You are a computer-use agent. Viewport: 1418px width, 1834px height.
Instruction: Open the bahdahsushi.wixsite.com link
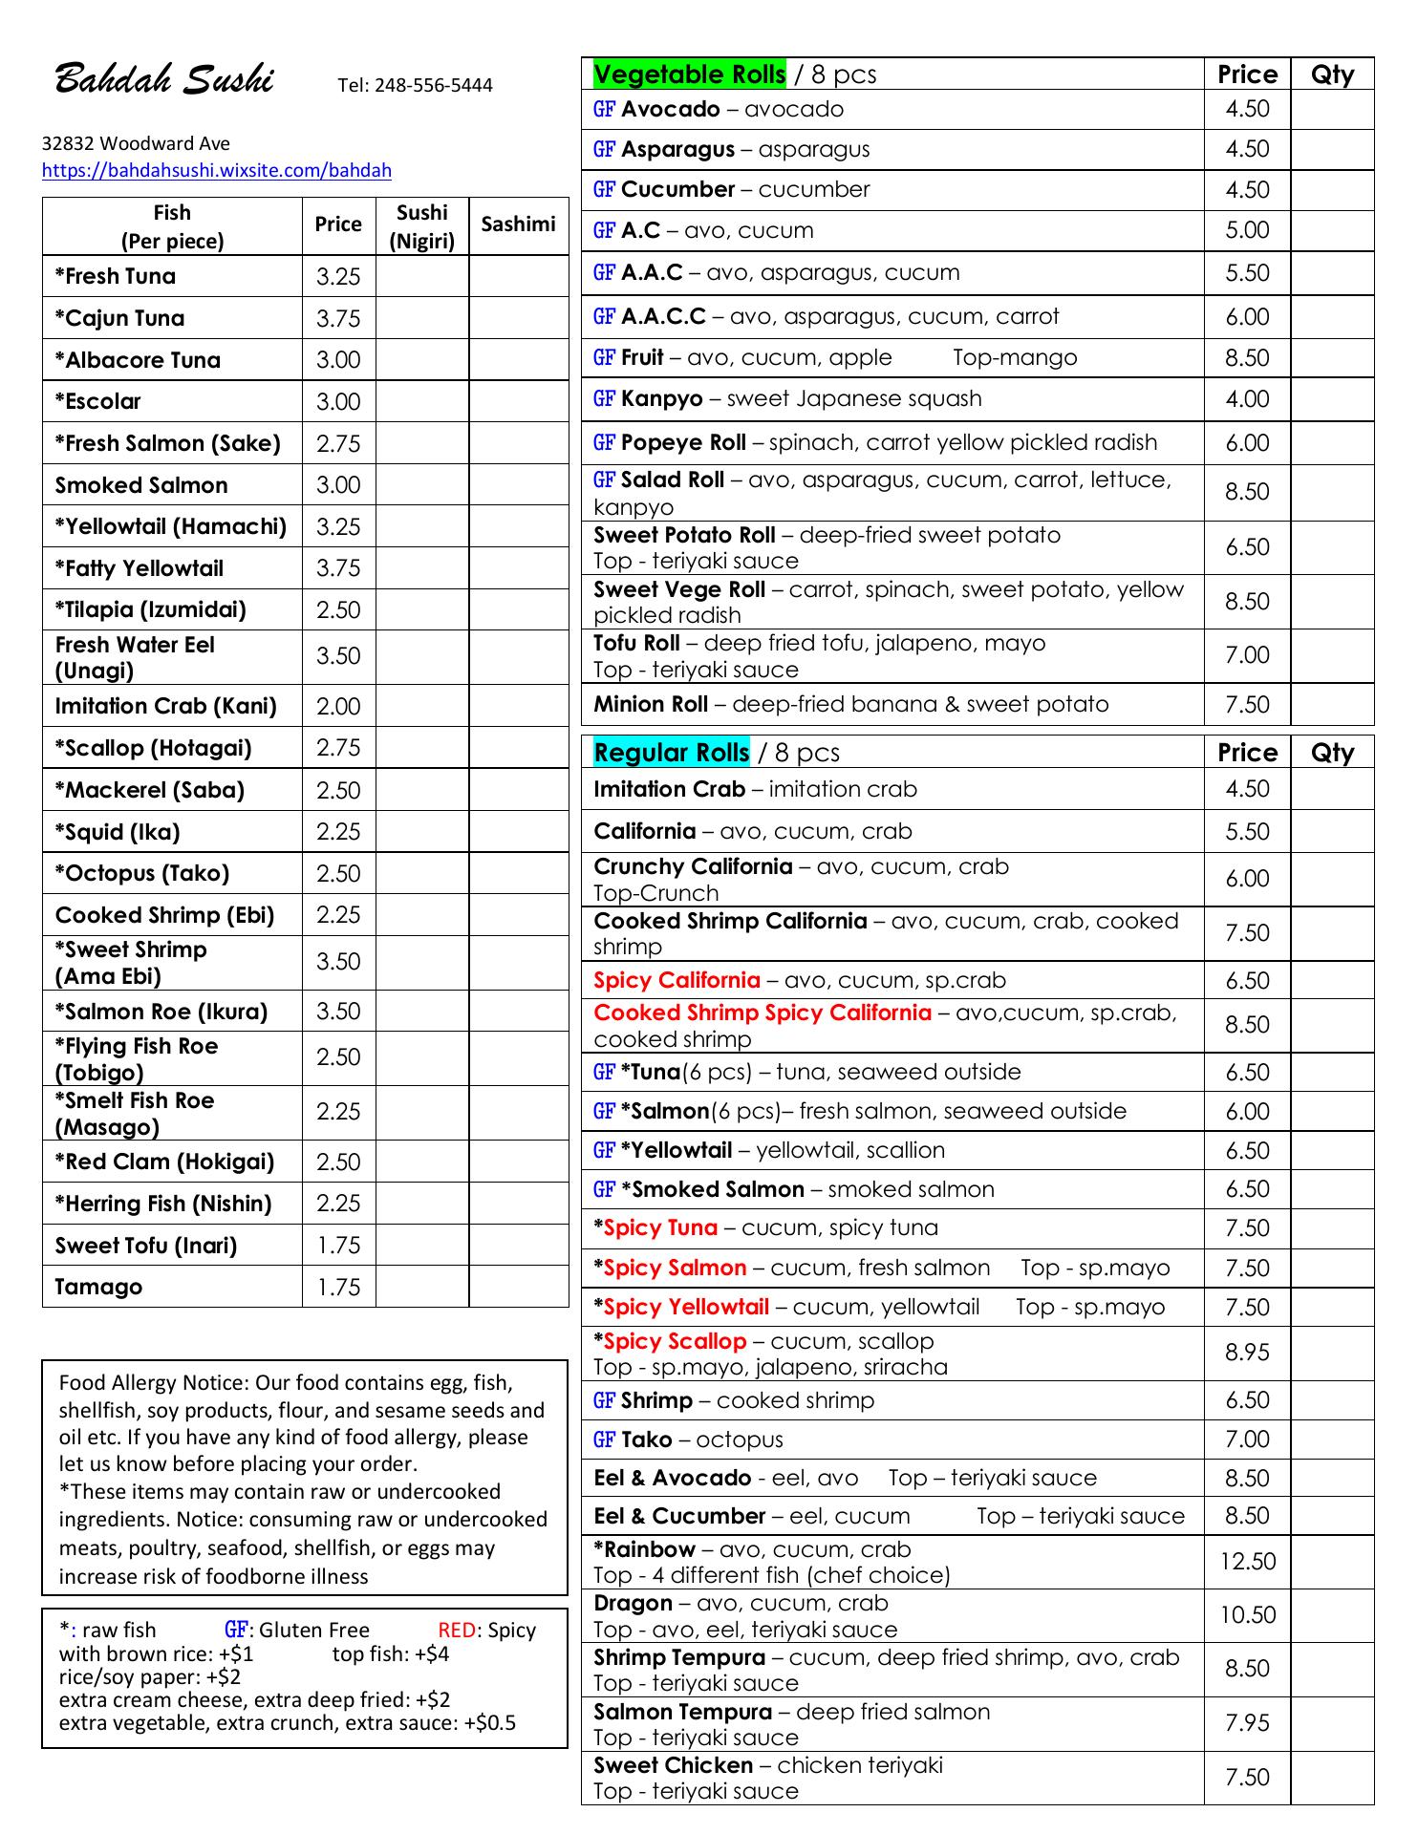[x=217, y=171]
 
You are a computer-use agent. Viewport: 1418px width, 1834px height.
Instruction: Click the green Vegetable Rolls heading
[x=689, y=75]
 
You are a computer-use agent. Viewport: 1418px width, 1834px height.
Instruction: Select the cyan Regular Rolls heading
[x=671, y=753]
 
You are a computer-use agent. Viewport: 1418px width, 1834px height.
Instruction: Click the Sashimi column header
[x=518, y=224]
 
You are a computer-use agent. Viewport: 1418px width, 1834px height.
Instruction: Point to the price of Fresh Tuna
[x=338, y=277]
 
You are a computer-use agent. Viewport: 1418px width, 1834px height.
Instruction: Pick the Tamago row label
[x=98, y=1287]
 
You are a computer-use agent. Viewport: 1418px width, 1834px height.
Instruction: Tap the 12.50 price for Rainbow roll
[x=1247, y=1562]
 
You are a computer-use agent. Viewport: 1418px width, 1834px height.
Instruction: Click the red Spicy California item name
[x=677, y=980]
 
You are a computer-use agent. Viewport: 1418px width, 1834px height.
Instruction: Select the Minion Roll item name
[x=651, y=705]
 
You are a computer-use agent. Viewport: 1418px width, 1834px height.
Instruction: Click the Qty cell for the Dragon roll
[x=1332, y=1615]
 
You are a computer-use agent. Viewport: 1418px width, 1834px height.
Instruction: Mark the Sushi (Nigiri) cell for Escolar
[x=421, y=402]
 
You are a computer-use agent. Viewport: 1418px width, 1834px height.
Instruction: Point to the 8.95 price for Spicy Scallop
[x=1247, y=1353]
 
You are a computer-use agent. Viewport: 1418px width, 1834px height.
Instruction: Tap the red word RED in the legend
[x=457, y=1631]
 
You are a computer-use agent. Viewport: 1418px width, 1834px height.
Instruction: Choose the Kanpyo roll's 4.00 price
[x=1247, y=399]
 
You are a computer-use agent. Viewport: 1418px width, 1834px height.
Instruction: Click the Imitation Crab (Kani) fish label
[x=165, y=707]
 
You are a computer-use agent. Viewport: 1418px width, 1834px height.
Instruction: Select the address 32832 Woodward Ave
[x=136, y=144]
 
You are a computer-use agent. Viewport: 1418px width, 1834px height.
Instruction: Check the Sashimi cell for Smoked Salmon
[x=518, y=485]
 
